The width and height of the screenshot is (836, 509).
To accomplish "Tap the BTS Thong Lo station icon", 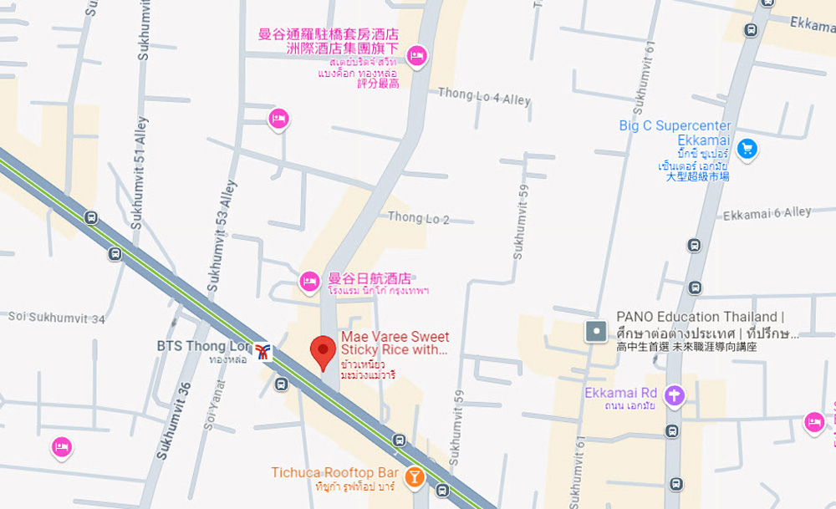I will click(263, 352).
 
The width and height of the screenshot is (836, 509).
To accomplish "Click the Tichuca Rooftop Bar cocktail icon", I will click(413, 476).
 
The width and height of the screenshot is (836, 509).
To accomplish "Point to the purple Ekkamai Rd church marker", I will click(674, 395).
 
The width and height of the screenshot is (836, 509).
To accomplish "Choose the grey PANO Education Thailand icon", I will click(596, 331).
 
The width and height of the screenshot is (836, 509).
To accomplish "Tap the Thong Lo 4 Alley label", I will click(484, 97).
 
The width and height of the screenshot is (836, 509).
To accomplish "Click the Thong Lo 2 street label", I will click(418, 218).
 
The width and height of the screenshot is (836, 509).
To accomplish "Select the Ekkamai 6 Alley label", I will click(767, 214).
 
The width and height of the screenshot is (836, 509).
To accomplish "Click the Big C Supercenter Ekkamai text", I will click(675, 133).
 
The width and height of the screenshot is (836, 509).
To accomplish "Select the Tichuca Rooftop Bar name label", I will click(334, 473).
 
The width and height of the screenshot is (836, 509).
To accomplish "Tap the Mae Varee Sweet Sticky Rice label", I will click(395, 344).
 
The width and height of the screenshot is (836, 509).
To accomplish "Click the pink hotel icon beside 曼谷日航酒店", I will click(309, 282).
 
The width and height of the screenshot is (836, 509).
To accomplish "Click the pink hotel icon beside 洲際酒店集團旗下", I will click(416, 56).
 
